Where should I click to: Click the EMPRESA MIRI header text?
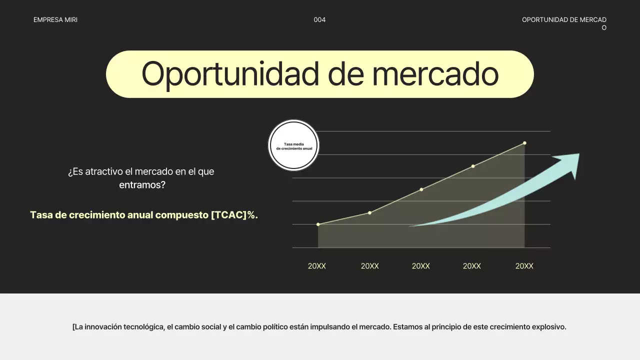coord(55,20)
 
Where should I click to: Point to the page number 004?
coord(319,20)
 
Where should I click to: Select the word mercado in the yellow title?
coord(435,74)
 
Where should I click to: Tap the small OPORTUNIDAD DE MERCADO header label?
coord(564,20)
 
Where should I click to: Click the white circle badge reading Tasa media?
coord(294,146)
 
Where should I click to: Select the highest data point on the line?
coord(524,143)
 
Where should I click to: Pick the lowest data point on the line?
coord(318,224)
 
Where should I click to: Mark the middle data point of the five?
coord(421,189)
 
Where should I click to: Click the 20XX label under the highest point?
coord(524,266)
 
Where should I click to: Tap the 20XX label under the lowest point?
coord(317,266)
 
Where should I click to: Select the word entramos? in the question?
coord(142,185)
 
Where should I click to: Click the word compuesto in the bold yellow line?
coord(182,215)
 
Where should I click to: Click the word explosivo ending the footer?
coord(548,327)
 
